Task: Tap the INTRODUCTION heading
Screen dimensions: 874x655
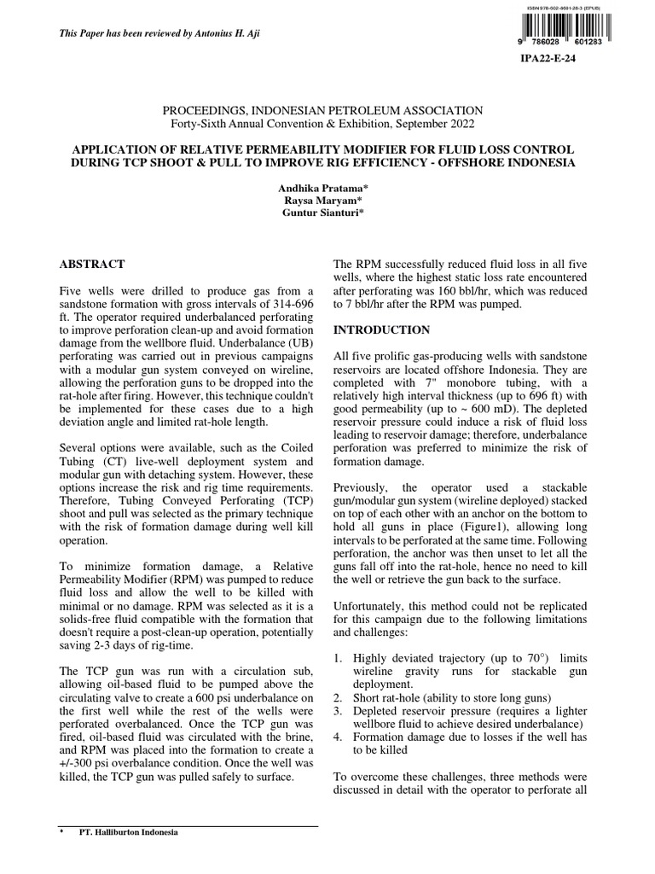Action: point(381,329)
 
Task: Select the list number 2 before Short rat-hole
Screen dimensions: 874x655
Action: point(338,697)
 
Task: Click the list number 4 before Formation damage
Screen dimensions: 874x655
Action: point(338,735)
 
